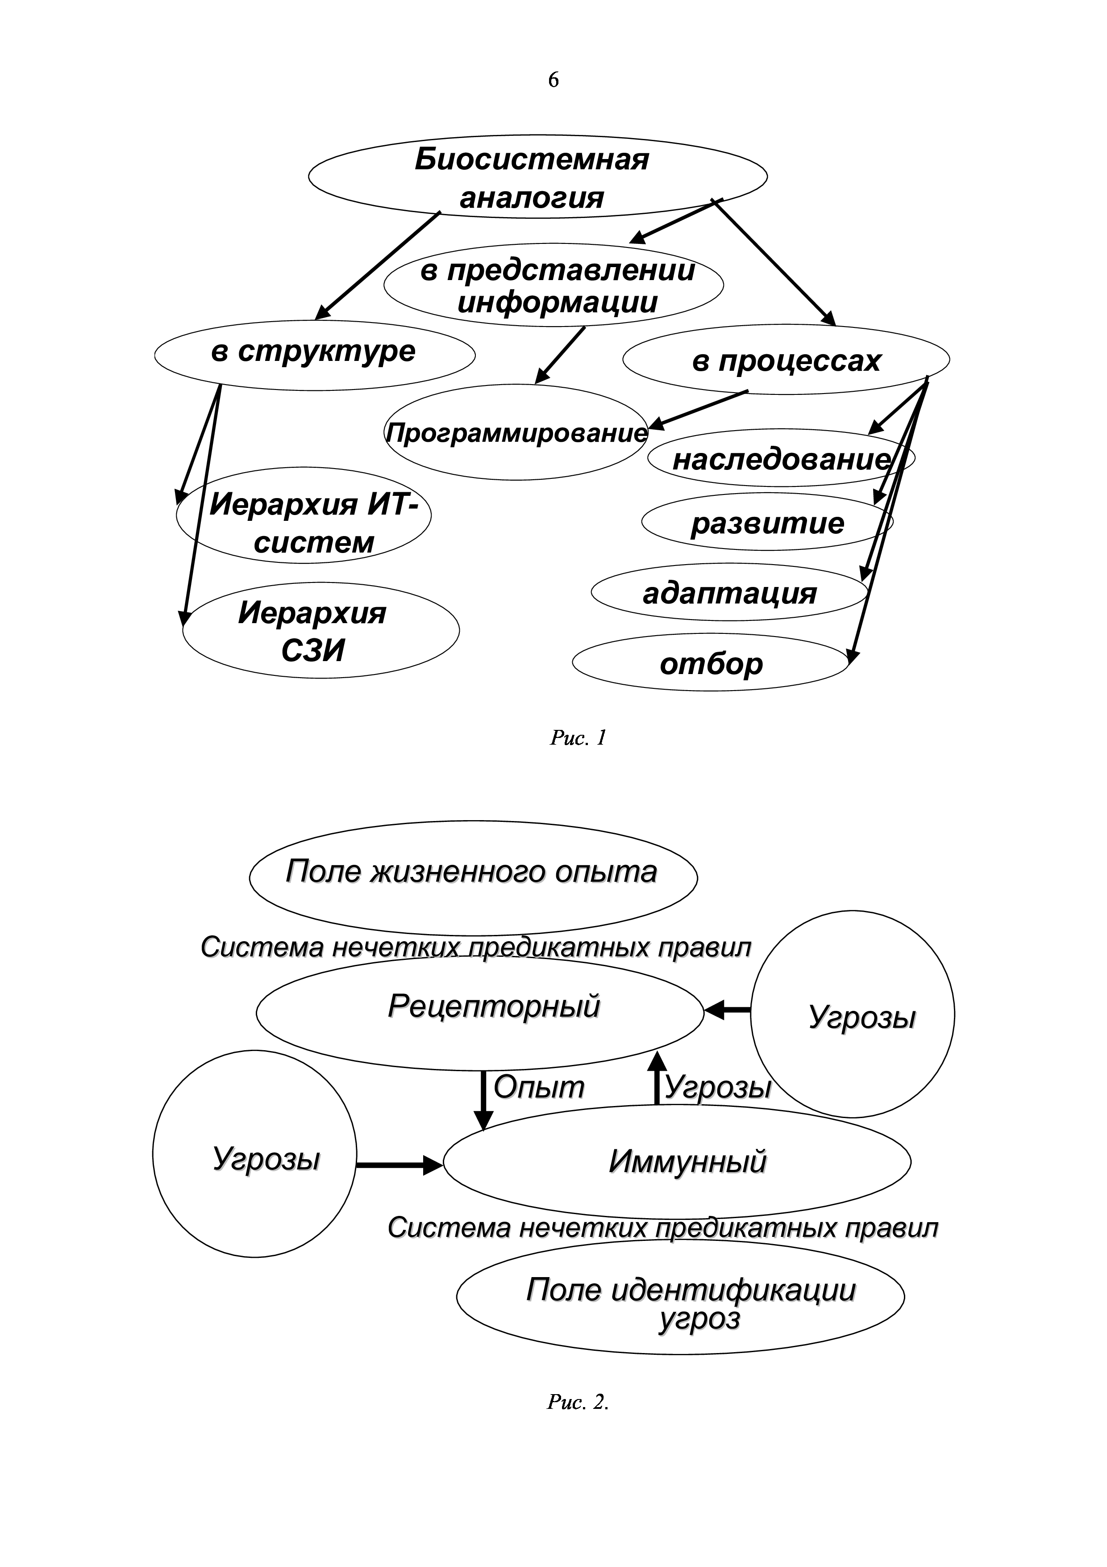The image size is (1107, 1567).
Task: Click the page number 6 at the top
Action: coord(553,80)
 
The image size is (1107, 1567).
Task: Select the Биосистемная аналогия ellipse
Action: coord(537,177)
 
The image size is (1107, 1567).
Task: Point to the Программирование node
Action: coord(516,433)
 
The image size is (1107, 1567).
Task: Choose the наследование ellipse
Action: coord(781,459)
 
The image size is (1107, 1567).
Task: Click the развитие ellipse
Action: coord(767,523)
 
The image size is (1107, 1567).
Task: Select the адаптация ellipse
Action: coord(729,592)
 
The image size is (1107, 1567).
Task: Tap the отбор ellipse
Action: coord(711,663)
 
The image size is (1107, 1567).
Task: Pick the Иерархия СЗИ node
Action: coord(320,631)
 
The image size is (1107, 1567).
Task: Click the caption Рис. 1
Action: coord(578,738)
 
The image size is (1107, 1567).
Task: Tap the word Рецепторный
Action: coord(494,1007)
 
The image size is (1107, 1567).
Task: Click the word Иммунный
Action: coord(687,1162)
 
